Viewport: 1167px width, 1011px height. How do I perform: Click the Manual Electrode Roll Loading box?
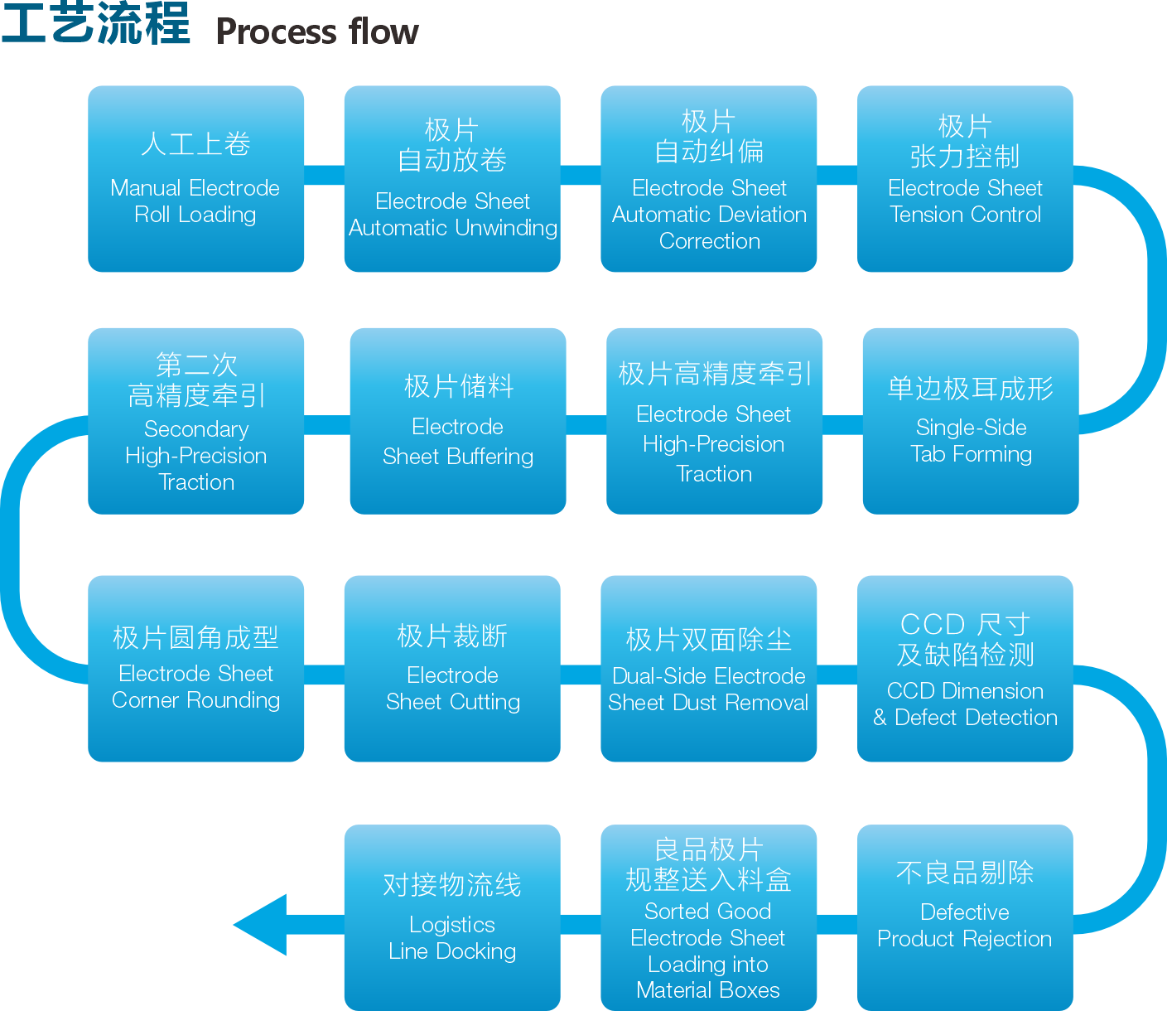(196, 178)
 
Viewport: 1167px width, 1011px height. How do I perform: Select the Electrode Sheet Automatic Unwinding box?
(452, 178)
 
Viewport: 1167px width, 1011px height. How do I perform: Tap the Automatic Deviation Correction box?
(708, 178)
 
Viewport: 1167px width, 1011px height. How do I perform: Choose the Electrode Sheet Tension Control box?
(965, 178)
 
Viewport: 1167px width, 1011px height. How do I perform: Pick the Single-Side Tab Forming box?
(971, 421)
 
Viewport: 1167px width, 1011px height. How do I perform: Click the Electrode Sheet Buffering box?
(458, 421)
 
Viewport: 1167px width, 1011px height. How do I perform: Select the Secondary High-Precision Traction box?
(196, 421)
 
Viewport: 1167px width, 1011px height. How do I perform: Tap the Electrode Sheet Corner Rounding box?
(196, 668)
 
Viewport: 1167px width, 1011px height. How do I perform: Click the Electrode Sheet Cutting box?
(452, 668)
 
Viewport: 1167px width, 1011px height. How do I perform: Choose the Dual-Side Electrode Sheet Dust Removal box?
(708, 668)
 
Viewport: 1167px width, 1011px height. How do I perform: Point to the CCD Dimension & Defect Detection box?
(965, 668)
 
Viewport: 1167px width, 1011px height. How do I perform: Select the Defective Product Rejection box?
(965, 917)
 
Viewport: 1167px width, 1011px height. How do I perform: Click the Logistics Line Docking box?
(452, 917)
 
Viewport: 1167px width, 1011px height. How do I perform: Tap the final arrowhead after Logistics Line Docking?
(260, 925)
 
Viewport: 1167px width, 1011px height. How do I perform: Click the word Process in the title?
(277, 32)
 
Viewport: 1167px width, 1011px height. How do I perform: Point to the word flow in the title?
(384, 31)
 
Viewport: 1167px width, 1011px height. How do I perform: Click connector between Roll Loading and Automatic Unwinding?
(324, 175)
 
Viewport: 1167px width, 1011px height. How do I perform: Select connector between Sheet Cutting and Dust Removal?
(581, 675)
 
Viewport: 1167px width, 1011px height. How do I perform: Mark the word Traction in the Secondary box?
(196, 482)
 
